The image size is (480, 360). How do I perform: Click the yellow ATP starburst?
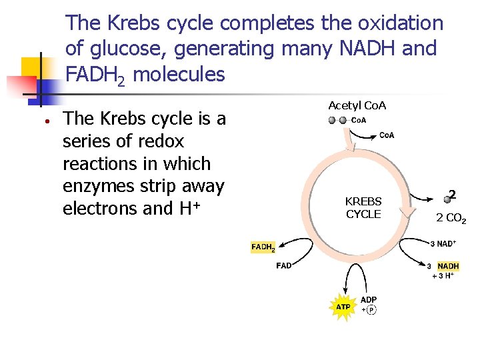pos(343,307)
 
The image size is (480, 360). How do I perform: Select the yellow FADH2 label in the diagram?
pos(263,247)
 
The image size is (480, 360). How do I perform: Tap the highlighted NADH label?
pos(448,266)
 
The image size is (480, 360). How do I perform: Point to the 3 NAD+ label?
pos(443,244)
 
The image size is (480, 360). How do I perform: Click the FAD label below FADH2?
pos(283,265)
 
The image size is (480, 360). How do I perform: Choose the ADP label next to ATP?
pos(369,299)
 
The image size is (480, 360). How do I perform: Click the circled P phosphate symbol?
pos(371,310)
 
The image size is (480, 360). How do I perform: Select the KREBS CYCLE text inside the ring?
pos(363,207)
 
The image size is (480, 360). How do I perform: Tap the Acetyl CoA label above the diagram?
pos(357,105)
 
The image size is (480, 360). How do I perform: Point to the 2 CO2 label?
pos(451,217)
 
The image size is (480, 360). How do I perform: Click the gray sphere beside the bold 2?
pos(447,199)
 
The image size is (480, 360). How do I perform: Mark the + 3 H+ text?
pos(443,275)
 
